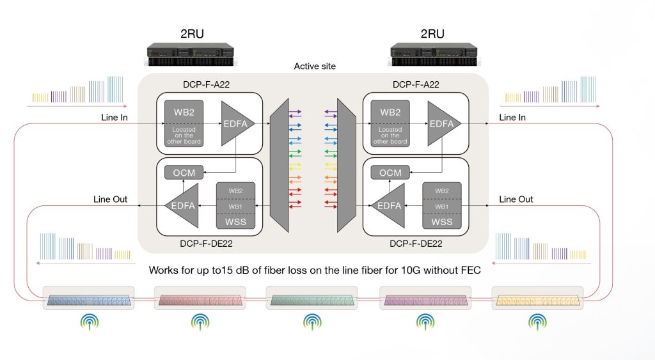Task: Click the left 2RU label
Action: [192, 34]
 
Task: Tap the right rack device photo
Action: [434, 54]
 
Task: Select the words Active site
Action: [315, 66]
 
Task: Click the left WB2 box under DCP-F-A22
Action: [184, 123]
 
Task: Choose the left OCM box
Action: [184, 173]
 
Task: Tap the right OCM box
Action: [390, 173]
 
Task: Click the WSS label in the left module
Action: [235, 222]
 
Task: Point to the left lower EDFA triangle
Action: [182, 205]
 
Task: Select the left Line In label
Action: [114, 118]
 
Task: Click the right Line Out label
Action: [516, 200]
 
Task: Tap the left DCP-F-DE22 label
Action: [207, 244]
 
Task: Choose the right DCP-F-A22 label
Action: [416, 84]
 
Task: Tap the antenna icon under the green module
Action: [312, 322]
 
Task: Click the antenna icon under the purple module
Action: [425, 322]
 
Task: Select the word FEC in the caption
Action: [471, 270]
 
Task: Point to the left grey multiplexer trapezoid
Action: [280, 166]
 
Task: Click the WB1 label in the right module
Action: [441, 207]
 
